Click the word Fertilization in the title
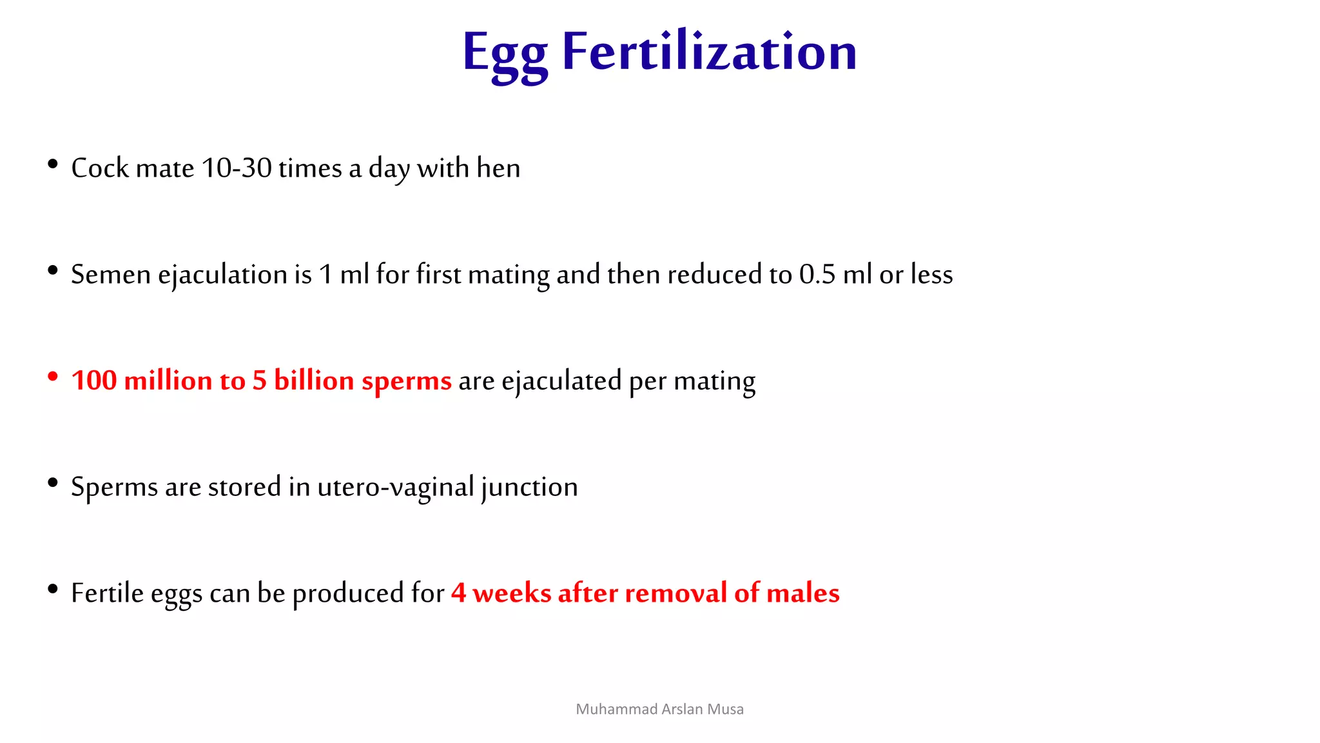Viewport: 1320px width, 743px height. click(709, 52)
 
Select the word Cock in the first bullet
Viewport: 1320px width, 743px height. click(100, 168)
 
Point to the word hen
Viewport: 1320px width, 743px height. click(498, 168)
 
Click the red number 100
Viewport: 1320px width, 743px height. click(94, 381)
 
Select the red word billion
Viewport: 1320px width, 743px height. click(314, 381)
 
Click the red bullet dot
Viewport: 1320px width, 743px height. click(53, 377)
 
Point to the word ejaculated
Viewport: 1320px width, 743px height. click(561, 381)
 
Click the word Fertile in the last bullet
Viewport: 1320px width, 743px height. click(107, 593)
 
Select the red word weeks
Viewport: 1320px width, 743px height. click(512, 593)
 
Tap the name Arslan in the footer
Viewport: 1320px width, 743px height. click(683, 709)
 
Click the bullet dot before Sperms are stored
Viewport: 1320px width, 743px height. click(53, 483)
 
